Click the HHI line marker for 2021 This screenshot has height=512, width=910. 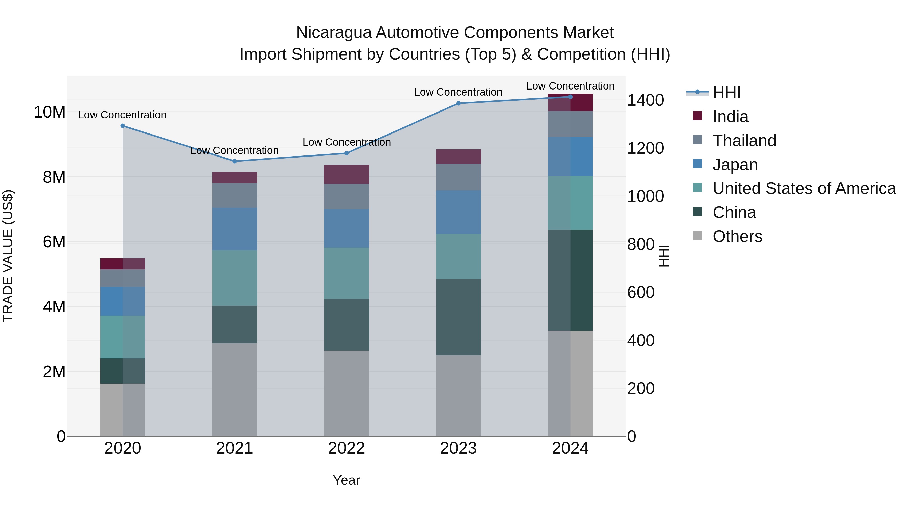point(235,161)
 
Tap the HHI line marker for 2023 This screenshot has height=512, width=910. point(458,103)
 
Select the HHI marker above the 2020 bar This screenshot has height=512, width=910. point(123,126)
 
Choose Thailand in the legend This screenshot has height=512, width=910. point(744,141)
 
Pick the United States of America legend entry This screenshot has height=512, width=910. point(804,188)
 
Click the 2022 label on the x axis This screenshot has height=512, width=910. point(346,448)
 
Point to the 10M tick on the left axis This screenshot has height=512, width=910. point(50,112)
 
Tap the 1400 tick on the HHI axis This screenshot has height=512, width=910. point(645,100)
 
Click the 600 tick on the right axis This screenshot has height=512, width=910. point(641,293)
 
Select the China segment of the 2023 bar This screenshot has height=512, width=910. point(458,317)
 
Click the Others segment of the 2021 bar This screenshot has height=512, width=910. point(235,389)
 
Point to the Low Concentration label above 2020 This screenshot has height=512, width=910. point(122,115)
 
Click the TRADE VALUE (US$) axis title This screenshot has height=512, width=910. point(8,256)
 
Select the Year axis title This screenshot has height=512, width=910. point(346,480)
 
